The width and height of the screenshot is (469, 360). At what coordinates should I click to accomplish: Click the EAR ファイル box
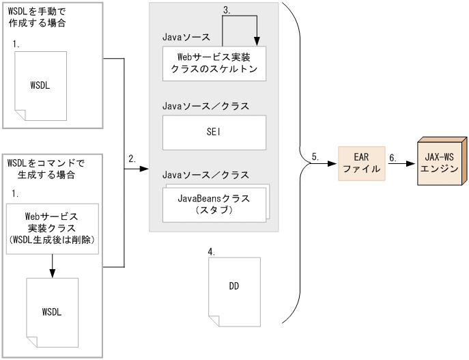pos(362,163)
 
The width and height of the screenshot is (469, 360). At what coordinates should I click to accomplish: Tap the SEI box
pos(214,133)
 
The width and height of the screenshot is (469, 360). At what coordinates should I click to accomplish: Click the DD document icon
pos(233,287)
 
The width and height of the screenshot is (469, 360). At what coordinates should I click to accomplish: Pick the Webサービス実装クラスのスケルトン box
pos(214,64)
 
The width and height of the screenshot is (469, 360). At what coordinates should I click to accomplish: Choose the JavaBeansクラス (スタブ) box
pos(214,204)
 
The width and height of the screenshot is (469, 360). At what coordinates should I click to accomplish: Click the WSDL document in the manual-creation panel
pos(40,85)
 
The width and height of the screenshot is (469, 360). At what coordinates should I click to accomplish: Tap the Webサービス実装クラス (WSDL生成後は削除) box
pos(52,227)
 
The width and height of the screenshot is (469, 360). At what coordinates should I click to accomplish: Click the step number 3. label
pos(227,10)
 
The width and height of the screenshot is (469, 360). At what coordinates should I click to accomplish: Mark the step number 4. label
pos(212,251)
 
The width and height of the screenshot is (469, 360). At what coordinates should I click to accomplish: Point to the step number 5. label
pos(315,156)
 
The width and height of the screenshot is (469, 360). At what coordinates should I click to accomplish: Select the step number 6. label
pos(393,156)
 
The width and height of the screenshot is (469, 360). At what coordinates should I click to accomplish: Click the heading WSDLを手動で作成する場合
pos(38,18)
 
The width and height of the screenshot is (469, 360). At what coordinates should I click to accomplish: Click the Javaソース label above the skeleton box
pos(186,36)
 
